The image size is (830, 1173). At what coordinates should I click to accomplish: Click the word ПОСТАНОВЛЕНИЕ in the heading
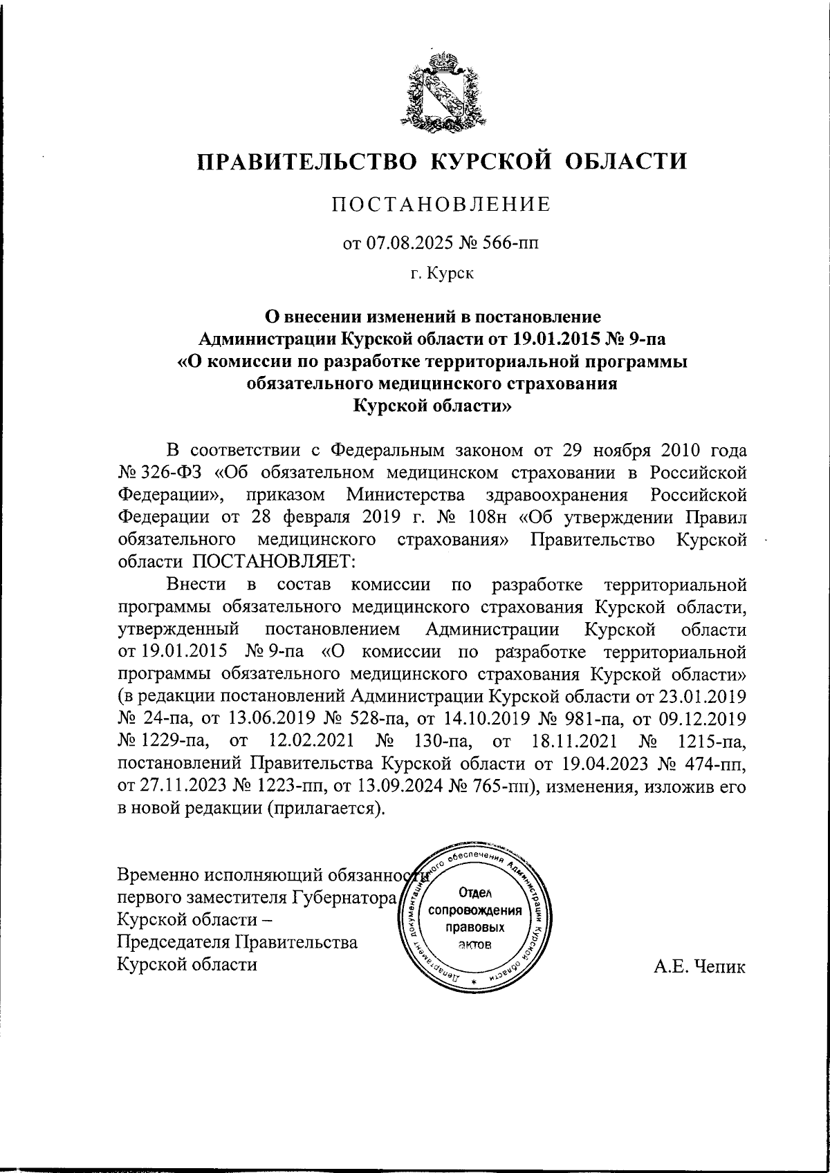tap(441, 205)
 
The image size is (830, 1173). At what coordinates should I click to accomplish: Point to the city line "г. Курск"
tap(441, 274)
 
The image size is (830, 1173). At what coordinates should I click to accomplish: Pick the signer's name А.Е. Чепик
tap(700, 966)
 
